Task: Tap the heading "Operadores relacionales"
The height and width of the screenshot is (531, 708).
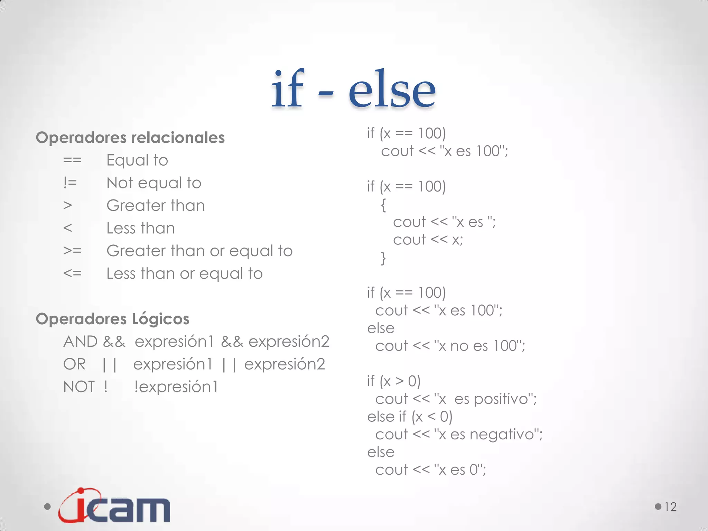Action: [x=130, y=138]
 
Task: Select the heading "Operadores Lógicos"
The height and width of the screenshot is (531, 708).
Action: [x=113, y=319]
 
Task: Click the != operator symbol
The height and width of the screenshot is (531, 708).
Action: [x=70, y=183]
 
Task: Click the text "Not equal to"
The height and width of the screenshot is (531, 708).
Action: [x=154, y=183]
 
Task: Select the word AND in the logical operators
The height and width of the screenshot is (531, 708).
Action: [x=81, y=342]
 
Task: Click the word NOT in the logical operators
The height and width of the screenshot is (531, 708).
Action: [x=79, y=386]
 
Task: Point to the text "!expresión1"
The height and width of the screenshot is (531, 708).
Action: [x=176, y=386]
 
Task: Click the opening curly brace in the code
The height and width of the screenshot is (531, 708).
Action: [x=383, y=205]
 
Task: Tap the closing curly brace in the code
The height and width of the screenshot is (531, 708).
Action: [x=383, y=258]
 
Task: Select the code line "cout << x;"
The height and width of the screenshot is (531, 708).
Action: [x=428, y=240]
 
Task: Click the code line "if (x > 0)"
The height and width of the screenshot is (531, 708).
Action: [x=394, y=381]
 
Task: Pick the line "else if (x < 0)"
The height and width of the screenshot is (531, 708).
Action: [x=410, y=417]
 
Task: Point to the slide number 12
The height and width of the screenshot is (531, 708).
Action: [x=670, y=507]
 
